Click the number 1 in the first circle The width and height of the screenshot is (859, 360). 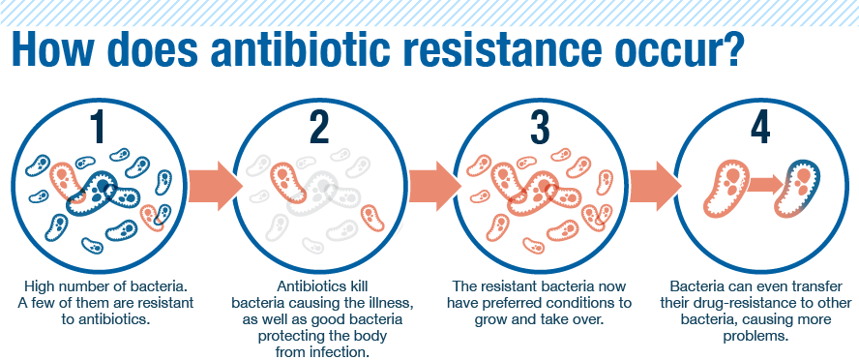click(99, 128)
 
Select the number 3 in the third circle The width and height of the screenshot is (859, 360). click(540, 128)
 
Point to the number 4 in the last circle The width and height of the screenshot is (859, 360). click(760, 128)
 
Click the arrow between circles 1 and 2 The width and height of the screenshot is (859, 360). click(215, 187)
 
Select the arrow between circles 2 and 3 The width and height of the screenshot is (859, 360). click(434, 187)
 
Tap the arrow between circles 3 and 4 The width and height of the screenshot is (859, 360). click(655, 187)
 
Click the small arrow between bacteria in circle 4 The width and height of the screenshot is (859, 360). click(765, 185)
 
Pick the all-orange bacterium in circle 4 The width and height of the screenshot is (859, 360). click(728, 187)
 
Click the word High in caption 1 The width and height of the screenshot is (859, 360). click(40, 286)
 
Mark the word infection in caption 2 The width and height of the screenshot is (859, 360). click(336, 352)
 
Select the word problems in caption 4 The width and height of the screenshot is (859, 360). click(755, 336)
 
